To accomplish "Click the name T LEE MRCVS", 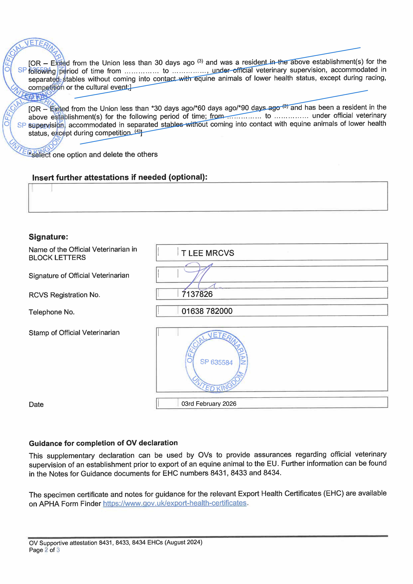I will (207, 253).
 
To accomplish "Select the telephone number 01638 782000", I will (207, 311).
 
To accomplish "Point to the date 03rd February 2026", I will (209, 404).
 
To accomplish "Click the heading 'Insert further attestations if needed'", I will (120, 177).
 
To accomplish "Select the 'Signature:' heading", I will (48, 237).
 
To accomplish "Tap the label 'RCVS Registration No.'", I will (64, 295).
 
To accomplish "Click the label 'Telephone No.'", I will (52, 312).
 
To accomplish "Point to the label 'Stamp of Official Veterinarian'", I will (74, 333).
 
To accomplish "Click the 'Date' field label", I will (36, 404).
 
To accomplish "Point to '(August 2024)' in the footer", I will (183, 542).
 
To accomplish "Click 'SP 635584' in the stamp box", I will (216, 362).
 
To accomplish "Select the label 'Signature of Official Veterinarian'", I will (79, 275).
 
